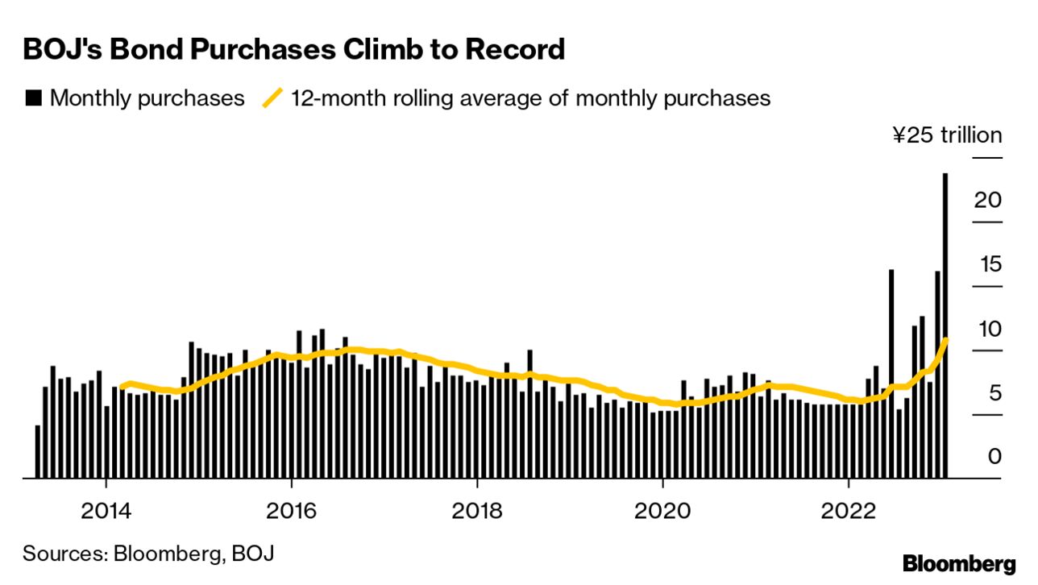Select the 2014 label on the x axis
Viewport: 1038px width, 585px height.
[x=106, y=511]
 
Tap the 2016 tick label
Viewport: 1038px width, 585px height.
[x=291, y=511]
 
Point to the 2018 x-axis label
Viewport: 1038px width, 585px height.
[x=477, y=511]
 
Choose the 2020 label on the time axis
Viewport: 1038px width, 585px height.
[x=662, y=511]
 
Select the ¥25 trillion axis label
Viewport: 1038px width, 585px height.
[x=947, y=135]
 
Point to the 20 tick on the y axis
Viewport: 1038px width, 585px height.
[x=987, y=200]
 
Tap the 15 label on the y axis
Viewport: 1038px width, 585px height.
[x=987, y=264]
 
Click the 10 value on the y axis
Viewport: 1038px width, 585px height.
[x=987, y=329]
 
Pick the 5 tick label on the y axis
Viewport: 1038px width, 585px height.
[x=994, y=393]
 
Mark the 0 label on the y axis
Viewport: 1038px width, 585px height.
[x=994, y=457]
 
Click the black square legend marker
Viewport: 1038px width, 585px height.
[x=34, y=98]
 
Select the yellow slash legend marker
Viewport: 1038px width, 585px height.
[x=273, y=98]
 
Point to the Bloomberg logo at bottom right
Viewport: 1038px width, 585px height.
[x=959, y=563]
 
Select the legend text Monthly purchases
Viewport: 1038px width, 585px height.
[x=147, y=98]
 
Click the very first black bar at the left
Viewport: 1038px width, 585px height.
[x=38, y=451]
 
